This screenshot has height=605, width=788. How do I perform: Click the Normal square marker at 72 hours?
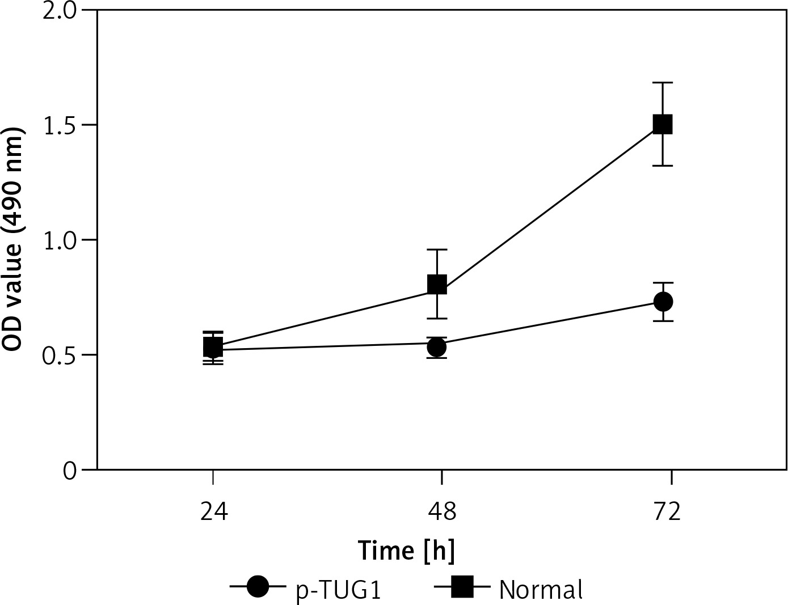(x=663, y=124)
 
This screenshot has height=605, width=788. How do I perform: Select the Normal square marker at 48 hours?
(x=437, y=285)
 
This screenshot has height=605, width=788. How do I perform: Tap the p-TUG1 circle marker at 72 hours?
(x=663, y=302)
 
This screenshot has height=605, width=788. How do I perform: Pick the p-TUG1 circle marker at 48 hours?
(x=437, y=346)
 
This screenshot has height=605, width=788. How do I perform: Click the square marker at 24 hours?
(x=213, y=346)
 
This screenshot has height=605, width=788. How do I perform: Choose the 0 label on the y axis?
(x=70, y=471)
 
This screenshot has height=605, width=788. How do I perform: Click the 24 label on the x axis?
(x=213, y=512)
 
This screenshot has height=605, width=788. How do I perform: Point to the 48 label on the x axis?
(x=442, y=512)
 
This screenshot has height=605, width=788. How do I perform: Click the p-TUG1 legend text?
(x=338, y=590)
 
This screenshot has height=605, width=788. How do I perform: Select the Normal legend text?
(x=541, y=590)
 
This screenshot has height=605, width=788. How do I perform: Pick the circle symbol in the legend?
(x=258, y=587)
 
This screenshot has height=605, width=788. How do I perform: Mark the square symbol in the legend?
(x=461, y=587)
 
